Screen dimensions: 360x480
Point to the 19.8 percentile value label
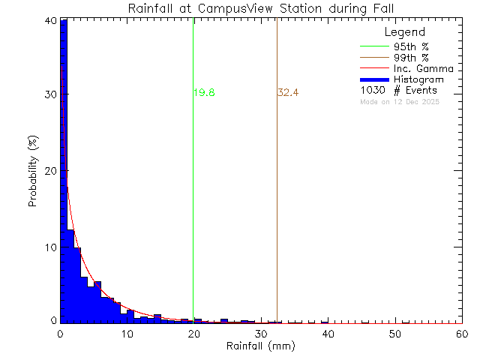pos(205,93)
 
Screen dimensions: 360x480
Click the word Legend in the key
pos(404,33)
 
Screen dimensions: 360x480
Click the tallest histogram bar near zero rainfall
pos(64,172)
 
